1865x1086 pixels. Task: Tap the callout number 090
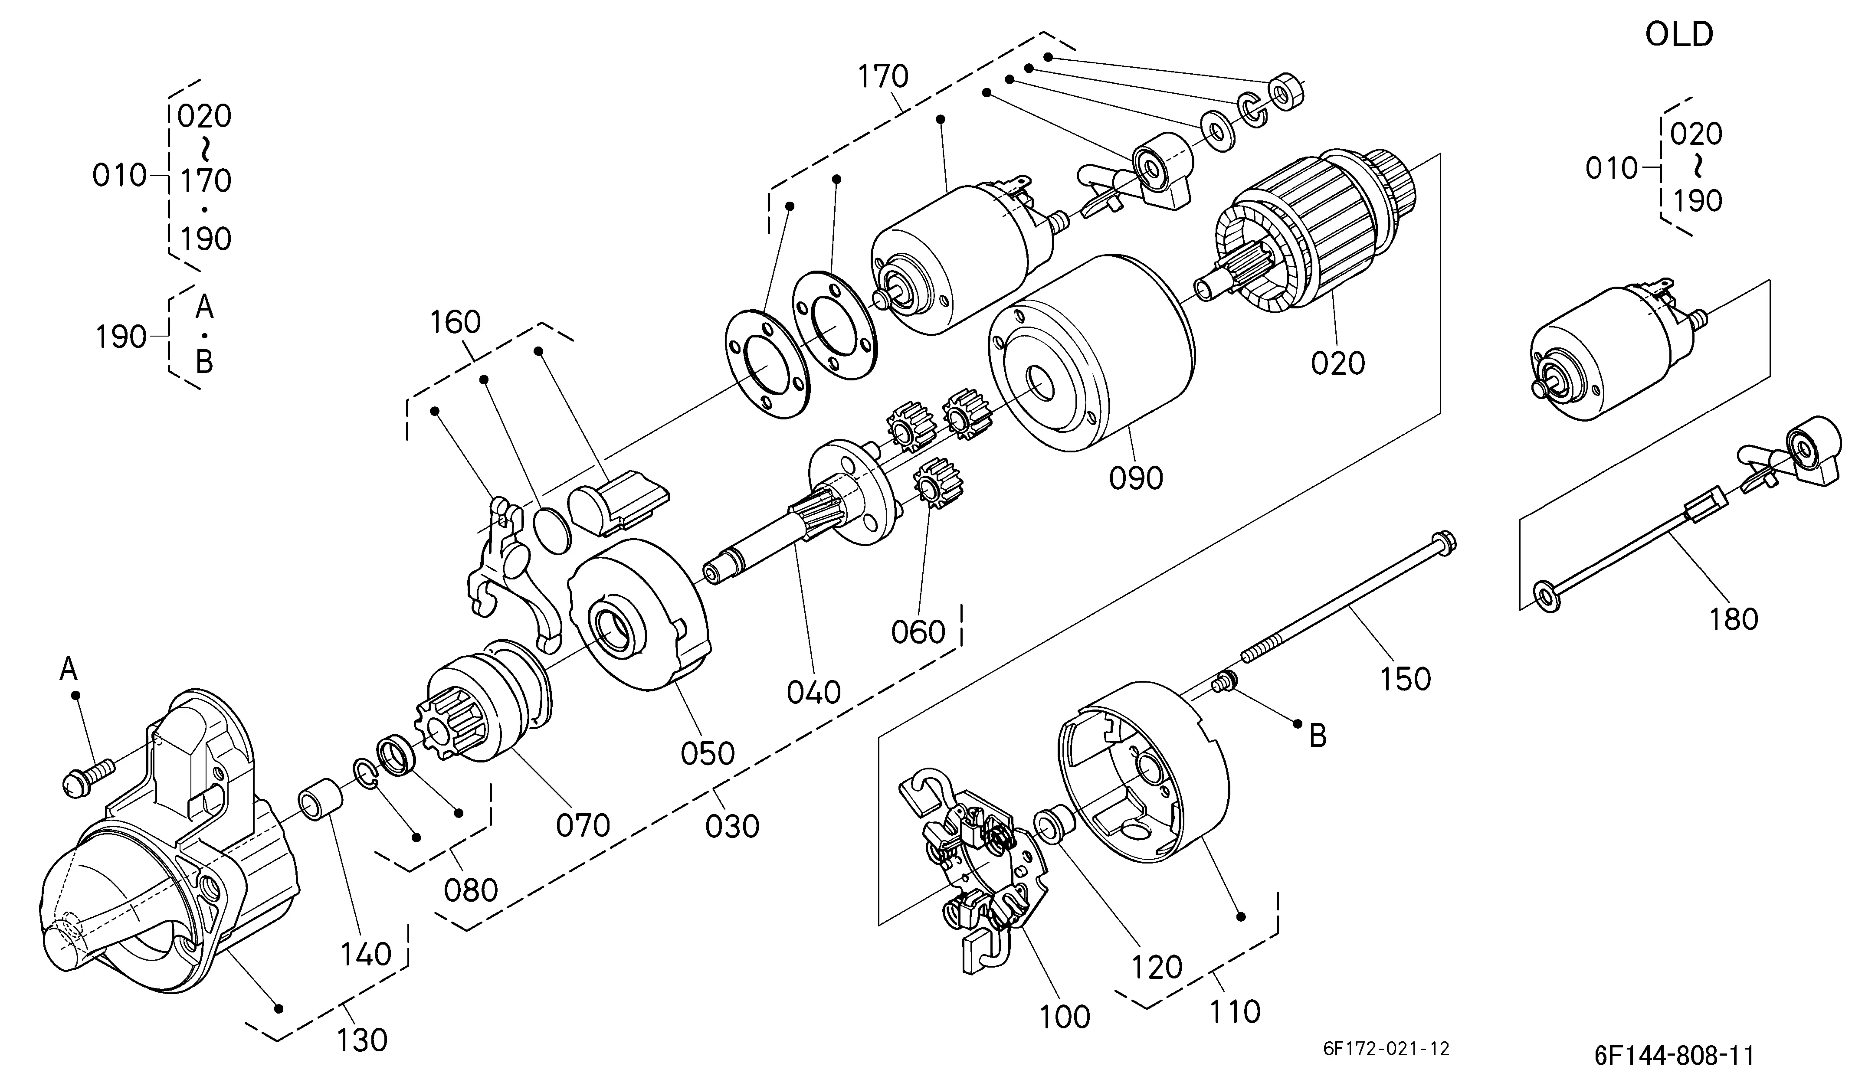point(1136,478)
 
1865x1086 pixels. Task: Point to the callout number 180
point(1734,618)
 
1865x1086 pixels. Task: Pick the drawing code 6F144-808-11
point(1674,1055)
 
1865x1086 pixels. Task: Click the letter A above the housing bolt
point(68,670)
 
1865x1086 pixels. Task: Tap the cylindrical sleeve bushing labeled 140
point(321,801)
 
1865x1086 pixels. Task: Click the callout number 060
point(918,632)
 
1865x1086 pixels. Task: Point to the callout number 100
point(1065,1017)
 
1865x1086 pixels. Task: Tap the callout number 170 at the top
point(883,76)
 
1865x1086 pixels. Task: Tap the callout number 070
point(583,825)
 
